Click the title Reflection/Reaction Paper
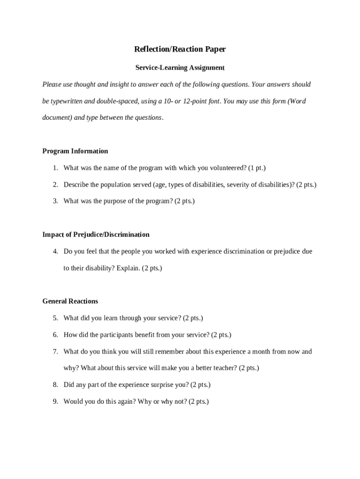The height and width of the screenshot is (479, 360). [x=180, y=49]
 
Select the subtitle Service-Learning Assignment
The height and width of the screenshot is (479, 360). [x=180, y=68]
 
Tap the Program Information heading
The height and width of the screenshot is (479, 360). [x=75, y=151]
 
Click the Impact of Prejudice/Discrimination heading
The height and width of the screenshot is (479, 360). [x=96, y=234]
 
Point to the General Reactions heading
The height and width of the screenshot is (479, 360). [x=70, y=301]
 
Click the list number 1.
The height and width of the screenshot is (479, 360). [x=55, y=168]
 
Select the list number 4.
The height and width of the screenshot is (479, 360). [x=55, y=252]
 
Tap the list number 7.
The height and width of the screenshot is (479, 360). [x=55, y=352]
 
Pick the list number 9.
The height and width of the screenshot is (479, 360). [x=55, y=402]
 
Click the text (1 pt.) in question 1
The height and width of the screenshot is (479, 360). [x=257, y=168]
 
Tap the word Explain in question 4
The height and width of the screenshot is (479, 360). [x=128, y=269]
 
